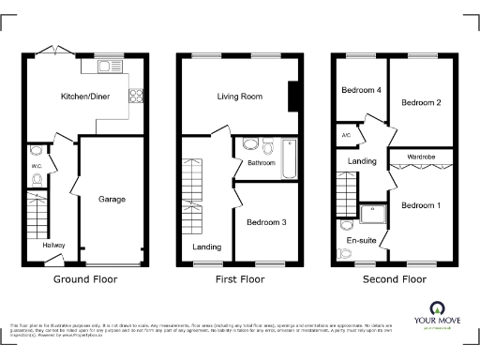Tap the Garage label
click(x=112, y=199)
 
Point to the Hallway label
click(x=53, y=246)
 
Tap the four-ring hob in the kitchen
click(x=136, y=94)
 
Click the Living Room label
click(x=238, y=97)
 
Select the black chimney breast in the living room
click(x=293, y=96)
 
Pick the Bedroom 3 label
click(x=266, y=222)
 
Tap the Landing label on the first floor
click(x=206, y=247)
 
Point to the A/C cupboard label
click(x=346, y=135)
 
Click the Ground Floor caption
click(x=84, y=278)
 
